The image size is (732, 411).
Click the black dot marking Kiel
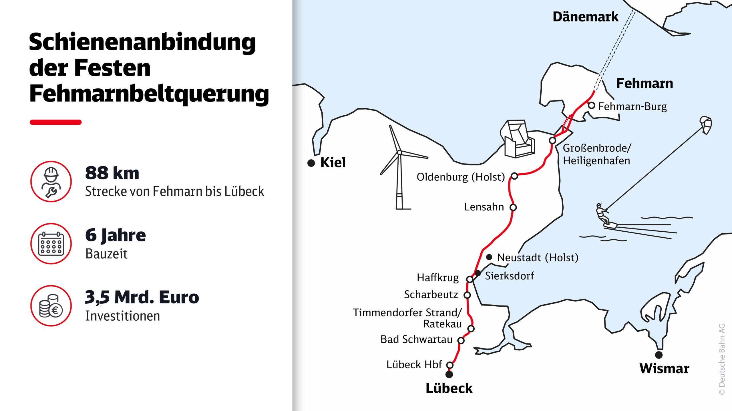311,163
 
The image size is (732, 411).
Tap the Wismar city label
664,368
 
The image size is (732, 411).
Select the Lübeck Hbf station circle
450,365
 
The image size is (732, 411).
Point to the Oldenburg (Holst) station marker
514,176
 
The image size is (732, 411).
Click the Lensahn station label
484,207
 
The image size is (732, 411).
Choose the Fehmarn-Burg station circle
592,106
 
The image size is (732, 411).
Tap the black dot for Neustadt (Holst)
489,257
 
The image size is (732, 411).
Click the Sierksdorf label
510,276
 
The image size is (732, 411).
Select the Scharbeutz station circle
467,295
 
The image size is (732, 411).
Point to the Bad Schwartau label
416,339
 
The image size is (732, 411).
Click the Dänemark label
585,17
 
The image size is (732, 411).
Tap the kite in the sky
706,124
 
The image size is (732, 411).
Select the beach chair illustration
518,139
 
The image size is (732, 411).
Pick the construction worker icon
51,182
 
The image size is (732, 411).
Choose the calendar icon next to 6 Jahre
51,244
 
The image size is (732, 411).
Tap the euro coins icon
51,306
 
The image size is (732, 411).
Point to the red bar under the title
55,122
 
